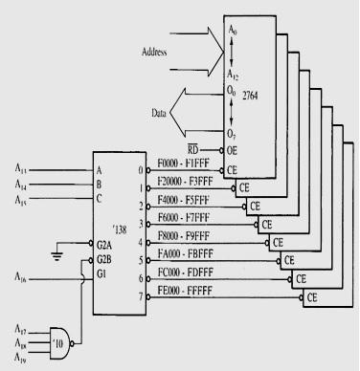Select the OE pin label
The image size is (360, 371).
point(233,151)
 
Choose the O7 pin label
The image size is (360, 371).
point(233,131)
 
